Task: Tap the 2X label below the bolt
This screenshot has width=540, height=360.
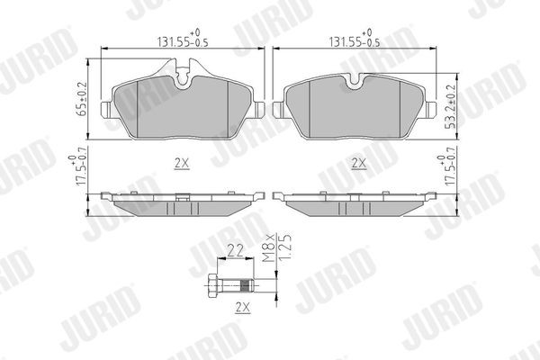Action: click(240, 307)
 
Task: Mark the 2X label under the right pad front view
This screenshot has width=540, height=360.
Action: click(358, 164)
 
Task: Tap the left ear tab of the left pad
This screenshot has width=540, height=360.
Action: click(107, 112)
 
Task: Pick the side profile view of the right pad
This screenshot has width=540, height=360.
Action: click(354, 202)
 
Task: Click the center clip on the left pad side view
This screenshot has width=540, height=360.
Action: click(184, 196)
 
